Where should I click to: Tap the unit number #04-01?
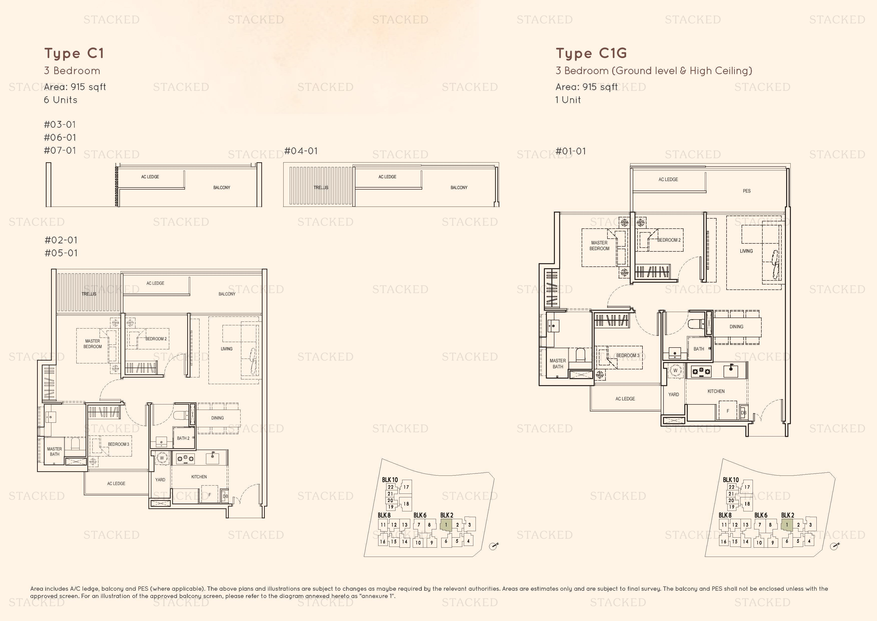click(x=301, y=151)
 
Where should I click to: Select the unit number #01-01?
click(x=571, y=151)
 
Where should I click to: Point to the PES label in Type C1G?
click(x=747, y=191)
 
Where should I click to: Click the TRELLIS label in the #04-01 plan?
click(x=321, y=187)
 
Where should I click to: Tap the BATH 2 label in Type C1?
click(x=183, y=438)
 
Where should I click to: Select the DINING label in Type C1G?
click(x=736, y=327)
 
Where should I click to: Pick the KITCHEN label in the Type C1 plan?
click(x=199, y=477)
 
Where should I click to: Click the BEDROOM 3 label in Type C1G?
click(x=627, y=356)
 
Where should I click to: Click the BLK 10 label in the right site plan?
click(x=731, y=480)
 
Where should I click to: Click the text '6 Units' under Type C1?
click(x=60, y=100)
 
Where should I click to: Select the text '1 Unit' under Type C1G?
click(x=568, y=100)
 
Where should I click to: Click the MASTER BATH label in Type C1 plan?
click(x=55, y=451)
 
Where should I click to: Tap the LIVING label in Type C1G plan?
click(x=746, y=251)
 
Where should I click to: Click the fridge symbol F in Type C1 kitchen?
click(x=209, y=495)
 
